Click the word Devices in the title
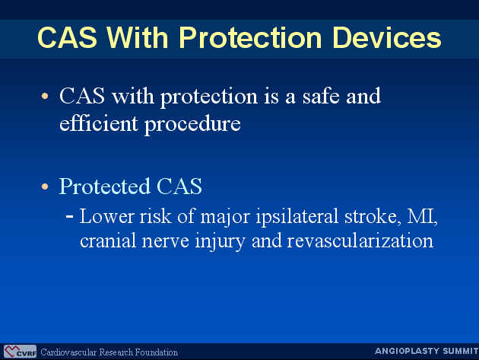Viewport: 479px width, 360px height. tap(387, 37)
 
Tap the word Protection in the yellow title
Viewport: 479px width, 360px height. tap(250, 37)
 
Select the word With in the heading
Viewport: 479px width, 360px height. tap(138, 37)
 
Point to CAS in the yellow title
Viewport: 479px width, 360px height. tap(67, 37)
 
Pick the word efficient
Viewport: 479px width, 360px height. tap(98, 123)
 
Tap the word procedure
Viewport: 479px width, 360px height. tap(192, 125)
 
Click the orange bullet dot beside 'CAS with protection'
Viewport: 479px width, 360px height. tap(45, 97)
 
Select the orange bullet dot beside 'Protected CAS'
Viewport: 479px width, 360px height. tap(45, 186)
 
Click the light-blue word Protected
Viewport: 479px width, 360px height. tap(104, 186)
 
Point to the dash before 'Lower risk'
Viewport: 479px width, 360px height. tap(70, 216)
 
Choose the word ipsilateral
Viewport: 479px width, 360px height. tap(297, 217)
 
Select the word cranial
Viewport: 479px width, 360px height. tap(108, 241)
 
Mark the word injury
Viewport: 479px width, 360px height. tap(220, 241)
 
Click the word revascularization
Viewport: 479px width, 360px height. tap(360, 241)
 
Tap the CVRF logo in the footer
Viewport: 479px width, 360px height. tap(21, 352)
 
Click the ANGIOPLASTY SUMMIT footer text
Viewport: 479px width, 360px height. tap(427, 351)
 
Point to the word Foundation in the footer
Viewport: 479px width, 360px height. tap(157, 352)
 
